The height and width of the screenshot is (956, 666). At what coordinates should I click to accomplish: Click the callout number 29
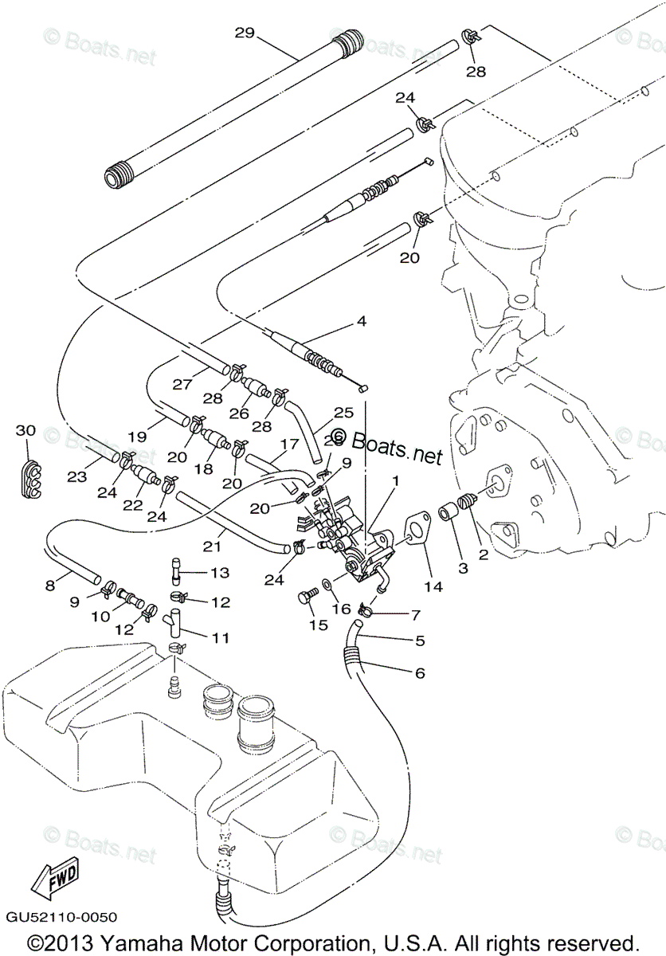(244, 33)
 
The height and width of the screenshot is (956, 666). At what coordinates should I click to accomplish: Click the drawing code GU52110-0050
(61, 918)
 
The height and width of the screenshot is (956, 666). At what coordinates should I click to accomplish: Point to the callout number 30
(26, 430)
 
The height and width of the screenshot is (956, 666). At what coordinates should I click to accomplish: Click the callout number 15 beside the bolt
(319, 625)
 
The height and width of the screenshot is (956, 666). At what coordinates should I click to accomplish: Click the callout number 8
(50, 586)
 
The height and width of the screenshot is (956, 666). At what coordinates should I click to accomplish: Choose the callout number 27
(182, 384)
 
